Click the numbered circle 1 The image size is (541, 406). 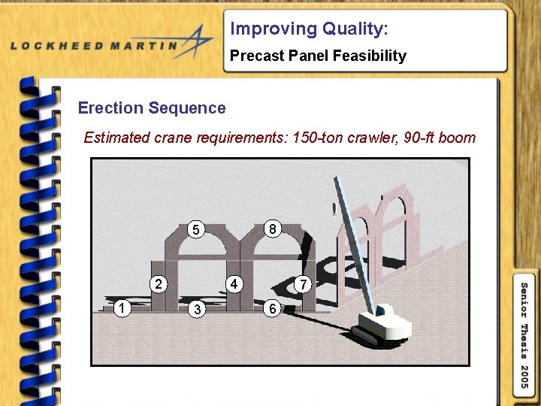[121, 307]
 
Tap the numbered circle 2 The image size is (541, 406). [158, 284]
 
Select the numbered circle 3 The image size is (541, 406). [196, 309]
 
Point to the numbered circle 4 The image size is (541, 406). [234, 284]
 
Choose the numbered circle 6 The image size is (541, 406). [274, 308]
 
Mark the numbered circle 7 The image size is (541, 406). [303, 284]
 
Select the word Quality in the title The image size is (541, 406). [352, 29]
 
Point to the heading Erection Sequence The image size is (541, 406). [152, 108]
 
